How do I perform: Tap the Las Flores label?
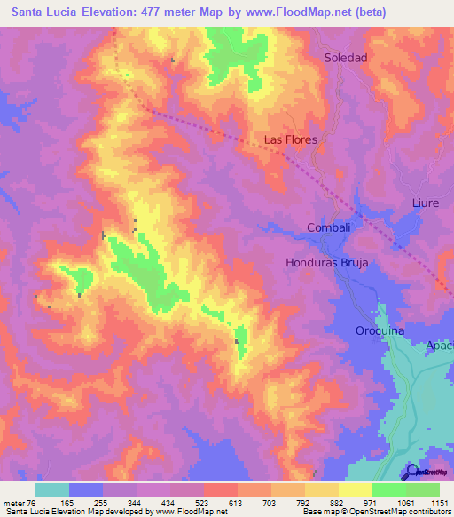(x=290, y=140)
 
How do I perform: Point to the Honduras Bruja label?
(x=326, y=263)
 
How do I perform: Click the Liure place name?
(x=426, y=203)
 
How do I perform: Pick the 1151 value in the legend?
(x=441, y=502)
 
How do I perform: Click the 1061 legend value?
(x=407, y=502)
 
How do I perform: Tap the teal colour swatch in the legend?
(x=52, y=489)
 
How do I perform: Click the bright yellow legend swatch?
(x=356, y=489)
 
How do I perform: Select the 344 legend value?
(x=136, y=502)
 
